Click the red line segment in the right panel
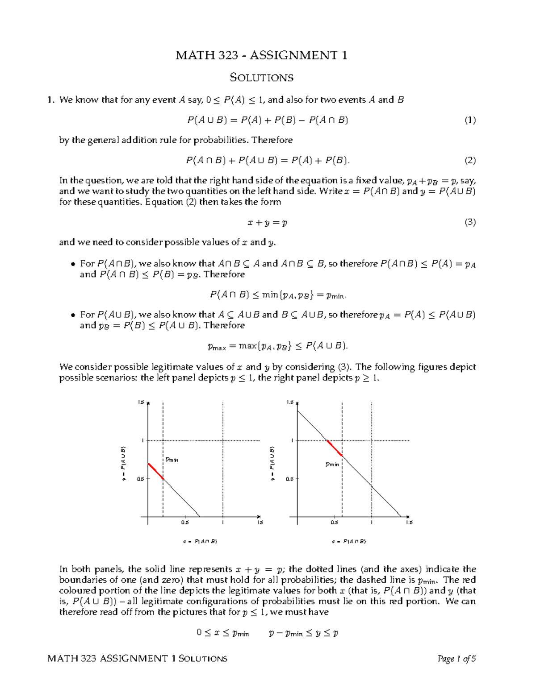coord(335,448)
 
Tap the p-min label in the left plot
coord(172,459)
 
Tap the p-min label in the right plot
coord(332,465)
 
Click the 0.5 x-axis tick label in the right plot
coord(334,523)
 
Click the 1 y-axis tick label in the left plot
coord(142,440)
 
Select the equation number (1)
coord(470,120)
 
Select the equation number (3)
coord(470,222)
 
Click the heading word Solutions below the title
coord(261,78)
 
